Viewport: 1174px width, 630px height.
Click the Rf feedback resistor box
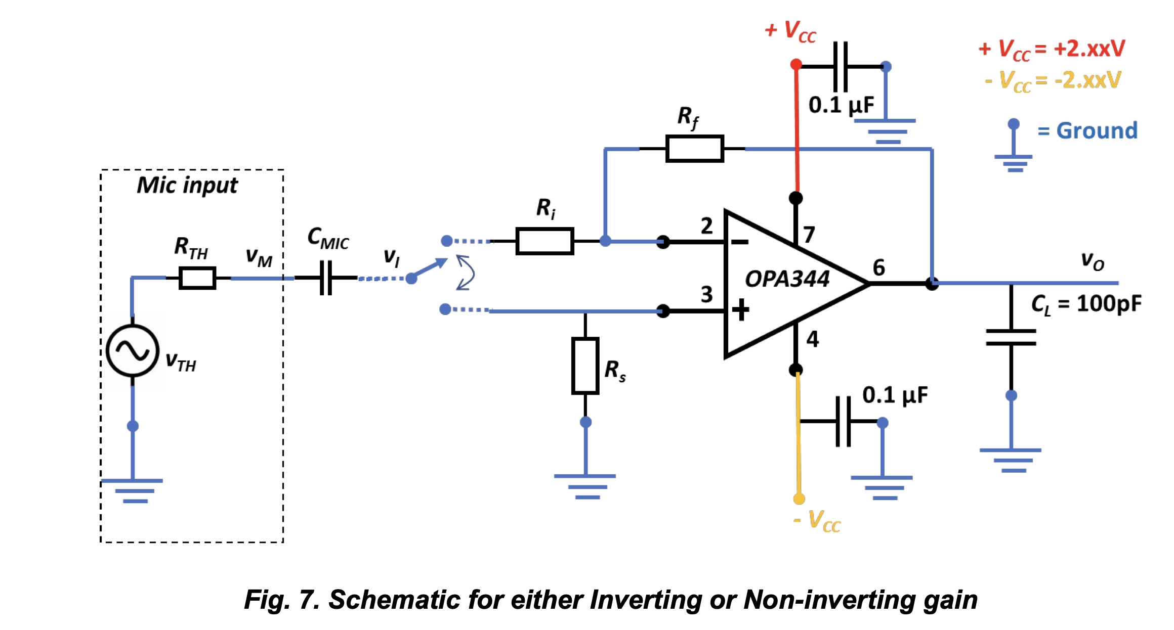click(x=694, y=149)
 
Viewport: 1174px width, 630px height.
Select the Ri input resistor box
click(x=544, y=241)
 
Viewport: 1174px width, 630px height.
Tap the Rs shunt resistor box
click(x=585, y=366)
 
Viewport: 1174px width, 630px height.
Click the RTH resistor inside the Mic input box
click(x=197, y=278)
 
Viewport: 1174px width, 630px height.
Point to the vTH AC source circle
click(x=133, y=351)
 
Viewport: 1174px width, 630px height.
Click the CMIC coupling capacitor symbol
click(x=326, y=278)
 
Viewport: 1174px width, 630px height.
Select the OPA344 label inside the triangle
click(x=787, y=279)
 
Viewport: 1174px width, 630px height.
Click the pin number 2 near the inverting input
click(x=706, y=226)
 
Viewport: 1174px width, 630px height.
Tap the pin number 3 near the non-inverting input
click(x=706, y=294)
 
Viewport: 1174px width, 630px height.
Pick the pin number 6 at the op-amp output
click(x=879, y=267)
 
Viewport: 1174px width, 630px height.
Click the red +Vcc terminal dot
click(x=796, y=64)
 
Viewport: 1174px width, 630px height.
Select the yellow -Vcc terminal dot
click(x=799, y=499)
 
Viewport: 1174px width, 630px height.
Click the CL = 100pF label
click(x=1086, y=304)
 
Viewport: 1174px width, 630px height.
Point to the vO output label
click(x=1093, y=261)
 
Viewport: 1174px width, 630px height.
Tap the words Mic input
click(x=187, y=185)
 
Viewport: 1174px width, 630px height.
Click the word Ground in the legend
click(x=1097, y=131)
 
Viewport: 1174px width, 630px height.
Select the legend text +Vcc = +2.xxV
click(x=1052, y=49)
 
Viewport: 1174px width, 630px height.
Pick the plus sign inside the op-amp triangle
click(x=740, y=309)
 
